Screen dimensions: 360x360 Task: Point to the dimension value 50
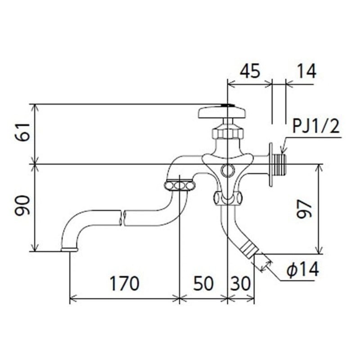click(203, 283)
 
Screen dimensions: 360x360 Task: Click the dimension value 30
click(241, 283)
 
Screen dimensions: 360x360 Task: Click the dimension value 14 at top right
click(306, 71)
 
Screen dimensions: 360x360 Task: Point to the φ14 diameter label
click(302, 270)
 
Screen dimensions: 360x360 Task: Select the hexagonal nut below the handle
click(227, 133)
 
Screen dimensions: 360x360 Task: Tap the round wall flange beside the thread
click(271, 164)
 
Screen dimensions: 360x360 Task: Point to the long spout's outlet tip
click(69, 248)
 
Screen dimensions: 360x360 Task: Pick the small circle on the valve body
click(227, 170)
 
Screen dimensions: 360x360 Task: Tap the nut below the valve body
click(227, 197)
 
